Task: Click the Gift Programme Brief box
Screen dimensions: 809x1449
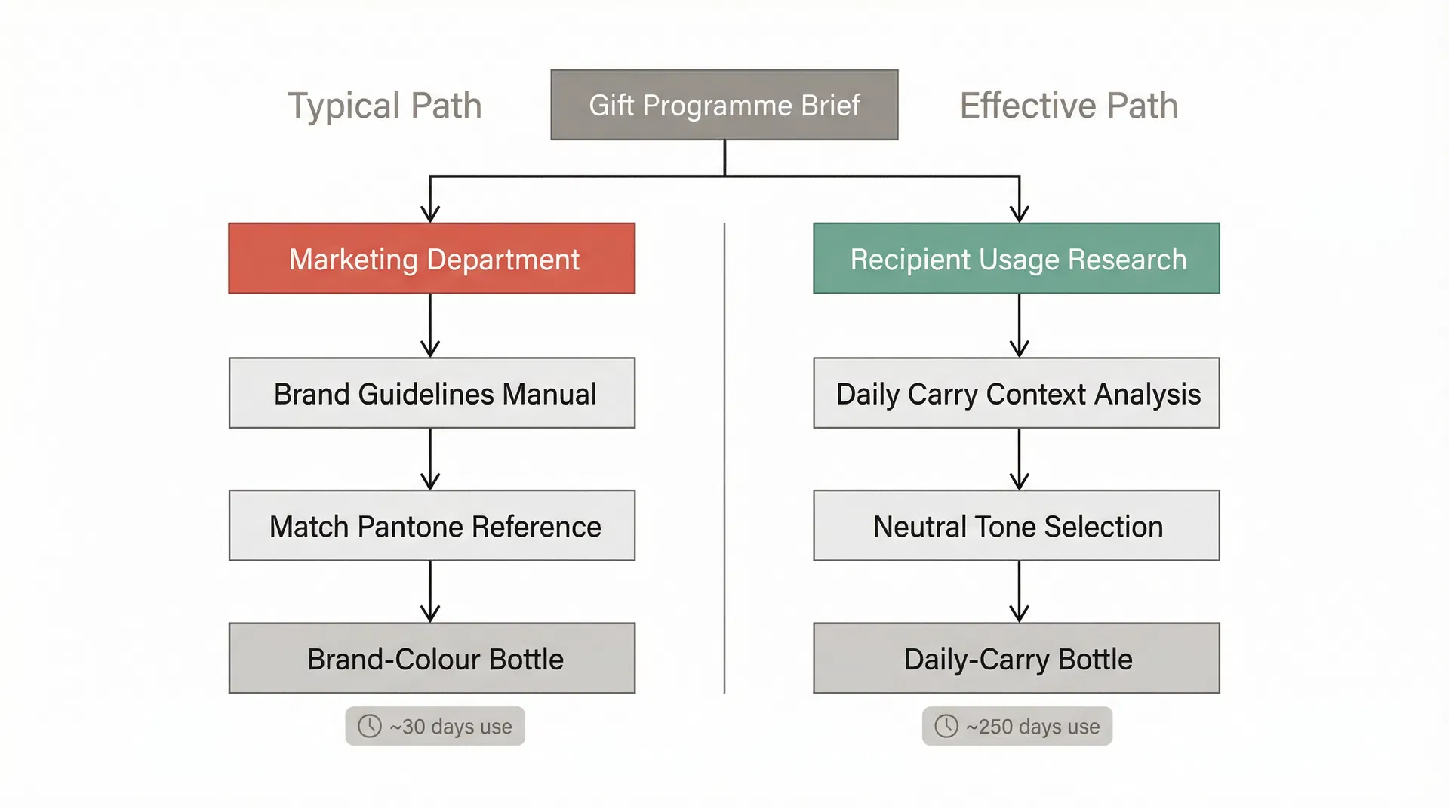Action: coord(724,105)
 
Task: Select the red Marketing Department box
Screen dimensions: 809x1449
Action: coord(432,258)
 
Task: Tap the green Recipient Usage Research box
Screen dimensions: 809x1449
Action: coord(1016,258)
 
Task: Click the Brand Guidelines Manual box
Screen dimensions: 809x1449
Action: coord(432,393)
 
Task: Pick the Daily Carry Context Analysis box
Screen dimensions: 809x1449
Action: coord(1016,393)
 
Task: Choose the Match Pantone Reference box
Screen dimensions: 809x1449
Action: coord(432,526)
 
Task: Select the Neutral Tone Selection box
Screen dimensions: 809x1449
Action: coord(1016,526)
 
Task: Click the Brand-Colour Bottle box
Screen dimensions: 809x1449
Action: coord(432,658)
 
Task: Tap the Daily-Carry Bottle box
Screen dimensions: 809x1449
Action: coord(1016,658)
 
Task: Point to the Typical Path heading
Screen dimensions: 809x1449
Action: coord(384,106)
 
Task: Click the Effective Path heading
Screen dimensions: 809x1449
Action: coord(1069,106)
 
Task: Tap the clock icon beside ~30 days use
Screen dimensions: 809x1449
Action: coord(369,726)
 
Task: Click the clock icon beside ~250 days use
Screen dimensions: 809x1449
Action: coord(946,726)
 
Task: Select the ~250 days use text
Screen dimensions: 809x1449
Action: coord(1032,727)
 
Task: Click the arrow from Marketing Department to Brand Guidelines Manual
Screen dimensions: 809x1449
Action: coord(430,325)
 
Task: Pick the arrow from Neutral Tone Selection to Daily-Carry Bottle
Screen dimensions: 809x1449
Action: coord(1019,591)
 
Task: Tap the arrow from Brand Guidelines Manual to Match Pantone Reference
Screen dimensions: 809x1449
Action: coord(430,459)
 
